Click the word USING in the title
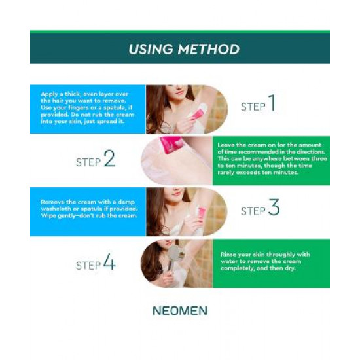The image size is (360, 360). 151,49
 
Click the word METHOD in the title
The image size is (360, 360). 209,49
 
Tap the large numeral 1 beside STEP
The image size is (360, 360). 272,103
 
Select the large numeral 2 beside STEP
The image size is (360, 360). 109,158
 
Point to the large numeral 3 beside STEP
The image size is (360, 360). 274,207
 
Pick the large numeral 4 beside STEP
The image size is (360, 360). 109,262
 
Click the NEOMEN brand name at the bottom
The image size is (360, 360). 180,311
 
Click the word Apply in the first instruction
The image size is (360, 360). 49,94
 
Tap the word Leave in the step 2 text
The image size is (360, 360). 226,145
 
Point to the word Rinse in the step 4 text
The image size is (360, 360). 228,255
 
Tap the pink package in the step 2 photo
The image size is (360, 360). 171,145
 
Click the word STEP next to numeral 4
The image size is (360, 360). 88,266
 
